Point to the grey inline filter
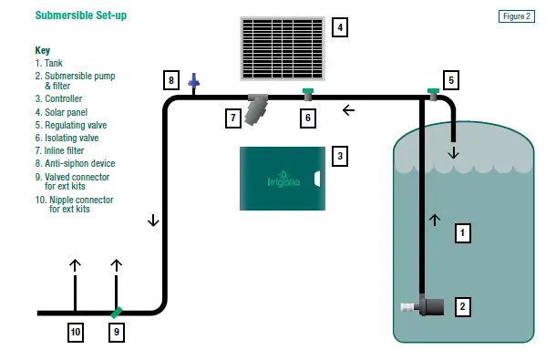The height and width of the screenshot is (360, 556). point(259,107)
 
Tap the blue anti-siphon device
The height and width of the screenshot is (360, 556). point(193,83)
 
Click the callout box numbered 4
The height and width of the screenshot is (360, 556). point(340,27)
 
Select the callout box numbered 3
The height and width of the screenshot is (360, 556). point(339,156)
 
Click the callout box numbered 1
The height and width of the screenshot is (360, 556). point(463,233)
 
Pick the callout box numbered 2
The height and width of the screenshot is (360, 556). point(463,306)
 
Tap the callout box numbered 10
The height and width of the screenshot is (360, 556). point(76,333)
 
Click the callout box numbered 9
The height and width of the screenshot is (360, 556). point(116,333)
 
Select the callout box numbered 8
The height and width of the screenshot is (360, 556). point(170,79)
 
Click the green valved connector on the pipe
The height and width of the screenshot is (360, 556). point(116,312)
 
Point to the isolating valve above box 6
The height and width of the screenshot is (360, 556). point(308,92)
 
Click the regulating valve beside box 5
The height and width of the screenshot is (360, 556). point(433,91)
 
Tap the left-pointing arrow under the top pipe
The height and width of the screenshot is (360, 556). point(348,111)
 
